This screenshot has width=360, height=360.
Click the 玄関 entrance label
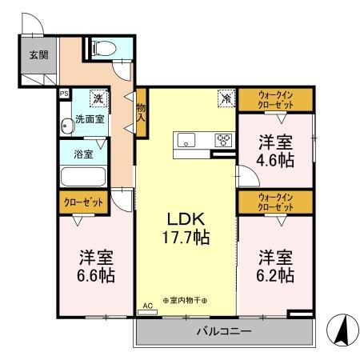(37, 55)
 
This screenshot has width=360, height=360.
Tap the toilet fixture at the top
(102, 48)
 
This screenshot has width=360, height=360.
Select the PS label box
(63, 93)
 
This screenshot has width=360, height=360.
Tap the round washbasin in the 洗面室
(66, 126)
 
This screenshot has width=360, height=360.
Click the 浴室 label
(83, 153)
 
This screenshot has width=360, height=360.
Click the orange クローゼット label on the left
(82, 203)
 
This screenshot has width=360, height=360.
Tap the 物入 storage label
(141, 110)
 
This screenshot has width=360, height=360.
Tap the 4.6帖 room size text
(275, 160)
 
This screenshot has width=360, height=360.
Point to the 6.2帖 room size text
(275, 277)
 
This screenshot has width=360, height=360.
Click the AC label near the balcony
(146, 306)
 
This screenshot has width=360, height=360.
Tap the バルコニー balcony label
(224, 330)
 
